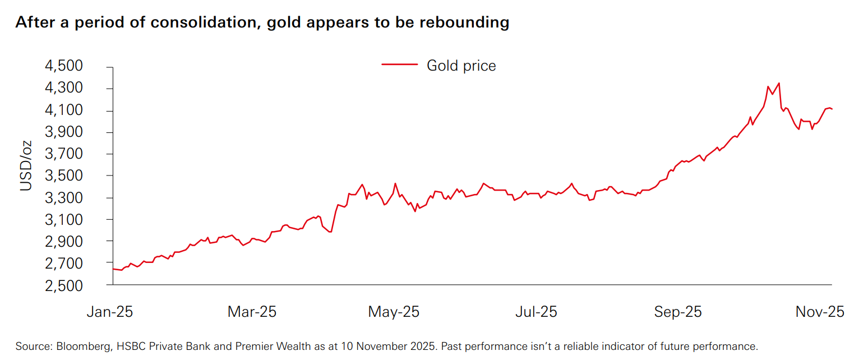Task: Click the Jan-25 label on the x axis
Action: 110,312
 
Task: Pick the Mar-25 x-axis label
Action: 252,312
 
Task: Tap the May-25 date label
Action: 394,312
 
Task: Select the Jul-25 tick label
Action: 536,312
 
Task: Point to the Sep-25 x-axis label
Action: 678,312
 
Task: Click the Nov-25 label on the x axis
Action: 820,312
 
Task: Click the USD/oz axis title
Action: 26,166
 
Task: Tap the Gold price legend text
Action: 461,66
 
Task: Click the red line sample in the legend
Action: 400,64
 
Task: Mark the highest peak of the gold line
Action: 779,83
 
